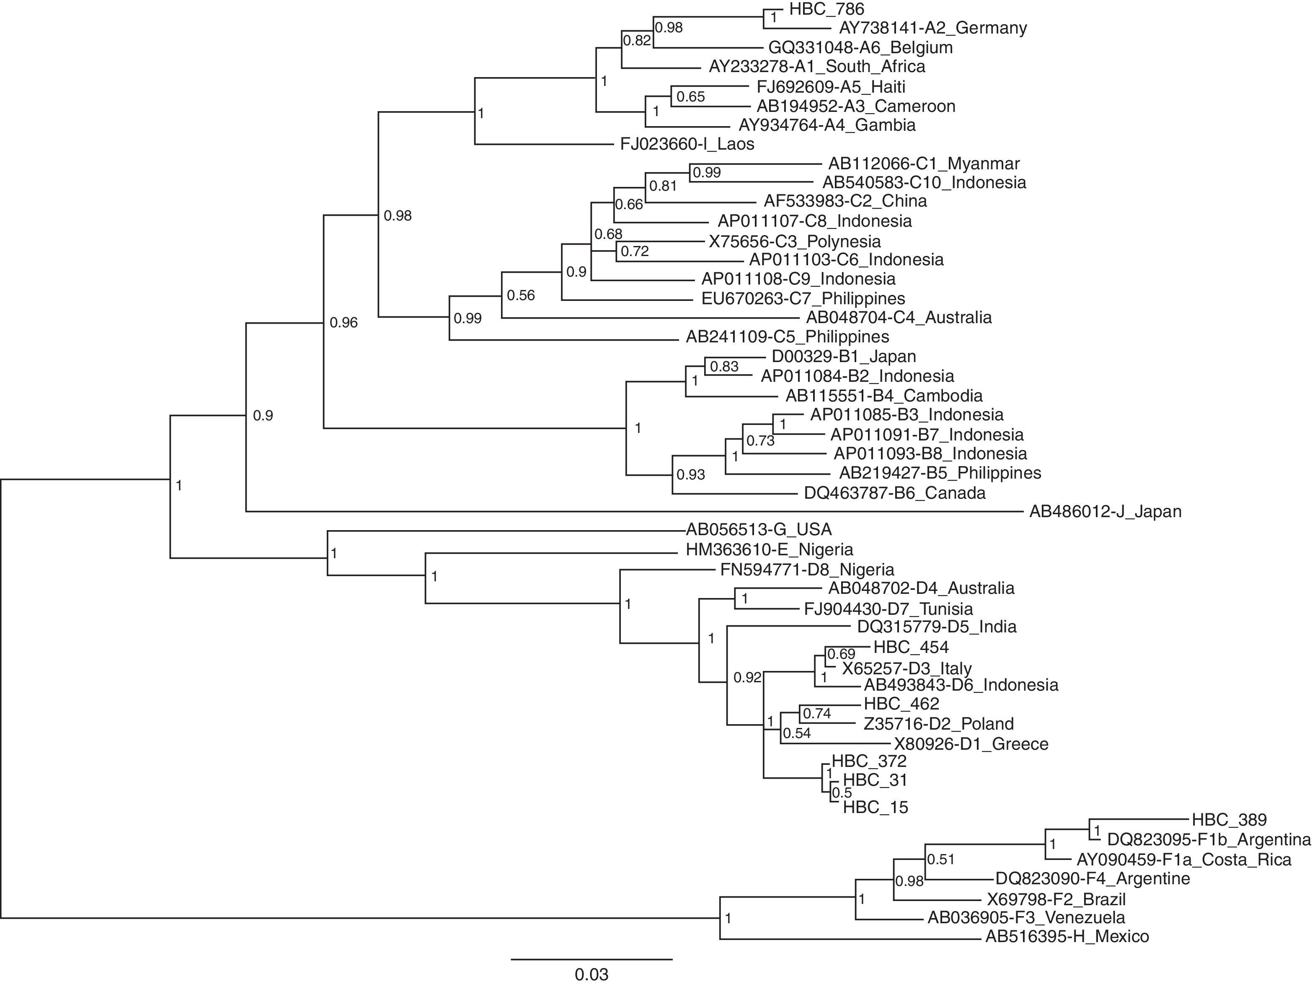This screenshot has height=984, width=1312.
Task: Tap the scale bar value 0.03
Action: point(591,974)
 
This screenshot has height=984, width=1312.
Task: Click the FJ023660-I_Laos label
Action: point(687,144)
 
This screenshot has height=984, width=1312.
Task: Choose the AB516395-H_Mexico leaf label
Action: point(1067,937)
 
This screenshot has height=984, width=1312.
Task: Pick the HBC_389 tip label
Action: point(1229,820)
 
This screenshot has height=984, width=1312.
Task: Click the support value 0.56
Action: point(521,295)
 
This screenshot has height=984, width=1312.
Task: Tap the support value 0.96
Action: point(344,323)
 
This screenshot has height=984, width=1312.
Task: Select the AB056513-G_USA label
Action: point(759,529)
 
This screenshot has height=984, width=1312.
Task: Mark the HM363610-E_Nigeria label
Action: point(769,549)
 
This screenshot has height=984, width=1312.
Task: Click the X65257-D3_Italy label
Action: point(907,669)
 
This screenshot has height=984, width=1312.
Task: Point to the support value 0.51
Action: point(941,860)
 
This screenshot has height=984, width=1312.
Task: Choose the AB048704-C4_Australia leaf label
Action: point(899,318)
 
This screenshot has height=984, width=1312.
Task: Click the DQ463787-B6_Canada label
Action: point(894,493)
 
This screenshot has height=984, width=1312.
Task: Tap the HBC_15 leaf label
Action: point(876,807)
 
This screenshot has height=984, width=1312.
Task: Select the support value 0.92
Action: point(747,678)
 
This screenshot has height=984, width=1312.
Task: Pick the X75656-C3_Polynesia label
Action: point(795,241)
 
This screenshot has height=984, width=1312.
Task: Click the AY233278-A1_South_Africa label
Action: point(817,67)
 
